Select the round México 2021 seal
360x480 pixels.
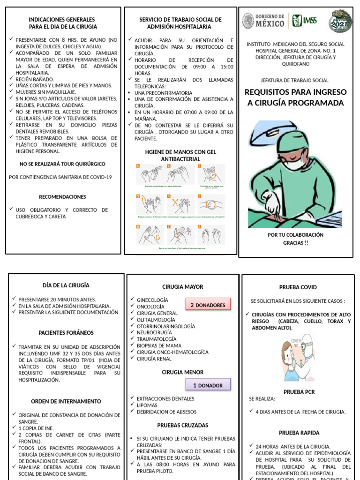tap(340, 21)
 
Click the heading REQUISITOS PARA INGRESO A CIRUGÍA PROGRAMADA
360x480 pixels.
tap(296, 97)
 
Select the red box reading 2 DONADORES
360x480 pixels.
tap(208, 305)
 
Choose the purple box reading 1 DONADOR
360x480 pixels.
tap(208, 385)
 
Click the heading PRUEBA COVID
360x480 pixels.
tap(298, 287)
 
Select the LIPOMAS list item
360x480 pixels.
tap(147, 405)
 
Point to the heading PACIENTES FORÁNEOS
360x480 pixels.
tap(66, 333)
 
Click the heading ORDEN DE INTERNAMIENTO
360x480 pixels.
tap(66, 401)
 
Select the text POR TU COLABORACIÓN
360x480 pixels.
tap(295, 234)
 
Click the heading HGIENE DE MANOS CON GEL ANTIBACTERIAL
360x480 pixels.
tap(180, 156)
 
